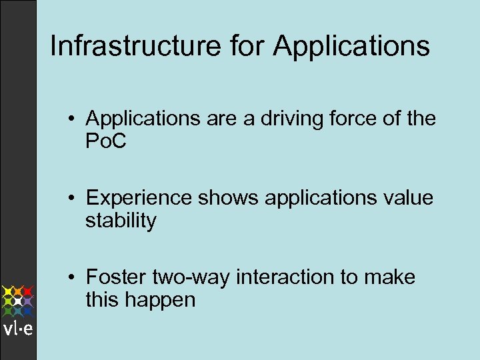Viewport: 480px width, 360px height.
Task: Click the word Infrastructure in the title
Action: pyautogui.click(x=135, y=47)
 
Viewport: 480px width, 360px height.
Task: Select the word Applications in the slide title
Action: pyautogui.click(x=351, y=47)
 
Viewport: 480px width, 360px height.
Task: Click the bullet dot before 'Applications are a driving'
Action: pyautogui.click(x=77, y=120)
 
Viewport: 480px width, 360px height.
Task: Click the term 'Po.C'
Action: pyautogui.click(x=107, y=143)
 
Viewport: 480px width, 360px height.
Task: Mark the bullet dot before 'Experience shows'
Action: pyautogui.click(x=77, y=199)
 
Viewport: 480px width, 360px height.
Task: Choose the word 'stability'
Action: pyautogui.click(x=121, y=221)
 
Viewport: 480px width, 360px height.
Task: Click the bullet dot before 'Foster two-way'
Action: pyautogui.click(x=77, y=277)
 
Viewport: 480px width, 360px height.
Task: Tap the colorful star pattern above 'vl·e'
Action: pyautogui.click(x=18, y=301)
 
